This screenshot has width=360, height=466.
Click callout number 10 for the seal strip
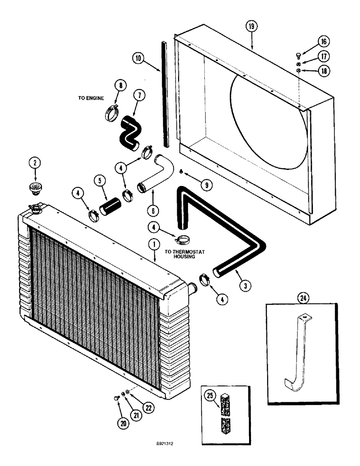point(138,59)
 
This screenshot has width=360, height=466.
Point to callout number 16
point(322,41)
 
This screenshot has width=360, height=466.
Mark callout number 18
point(322,71)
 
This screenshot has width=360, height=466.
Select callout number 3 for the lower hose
point(243,284)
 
